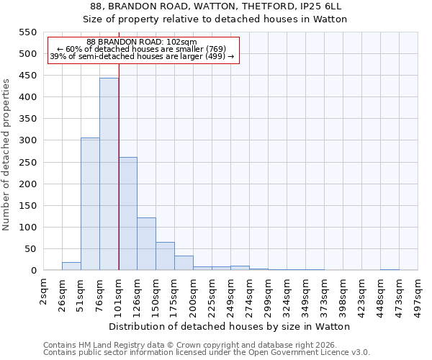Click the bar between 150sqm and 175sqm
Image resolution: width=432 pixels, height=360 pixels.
[x=165, y=256]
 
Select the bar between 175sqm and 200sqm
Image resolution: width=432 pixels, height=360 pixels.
[x=184, y=264]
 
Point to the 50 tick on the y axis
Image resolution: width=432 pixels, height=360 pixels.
[x=30, y=249]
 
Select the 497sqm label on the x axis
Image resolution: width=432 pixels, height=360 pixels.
[x=418, y=295]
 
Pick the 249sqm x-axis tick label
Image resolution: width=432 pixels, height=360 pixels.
[x=231, y=295]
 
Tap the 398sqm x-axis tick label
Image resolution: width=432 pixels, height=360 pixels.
[x=343, y=295]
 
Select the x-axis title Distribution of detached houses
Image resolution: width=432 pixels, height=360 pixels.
[x=230, y=326]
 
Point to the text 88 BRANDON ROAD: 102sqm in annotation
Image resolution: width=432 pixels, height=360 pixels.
[x=141, y=42]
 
